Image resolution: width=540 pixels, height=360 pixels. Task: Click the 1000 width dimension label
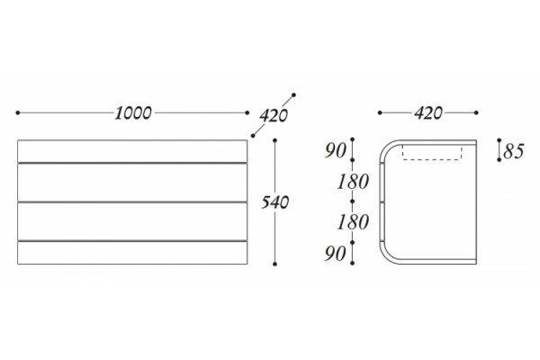(x=133, y=113)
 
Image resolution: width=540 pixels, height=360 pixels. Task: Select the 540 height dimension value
(x=274, y=202)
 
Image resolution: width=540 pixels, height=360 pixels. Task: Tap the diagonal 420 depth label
(x=274, y=116)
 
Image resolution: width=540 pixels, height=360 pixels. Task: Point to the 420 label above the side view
(x=428, y=113)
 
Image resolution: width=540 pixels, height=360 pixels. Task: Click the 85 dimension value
(x=514, y=151)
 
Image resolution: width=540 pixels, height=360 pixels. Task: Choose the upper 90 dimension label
(x=335, y=150)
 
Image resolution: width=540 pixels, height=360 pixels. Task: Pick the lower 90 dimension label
(x=335, y=254)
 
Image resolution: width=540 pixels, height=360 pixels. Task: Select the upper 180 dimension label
(x=353, y=182)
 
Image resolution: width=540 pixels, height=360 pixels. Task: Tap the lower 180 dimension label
(x=353, y=222)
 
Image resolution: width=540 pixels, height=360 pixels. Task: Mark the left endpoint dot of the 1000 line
(x=18, y=112)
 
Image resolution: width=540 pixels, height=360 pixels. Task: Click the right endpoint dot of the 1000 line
(x=247, y=112)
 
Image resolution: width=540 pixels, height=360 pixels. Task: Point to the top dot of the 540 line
(x=274, y=140)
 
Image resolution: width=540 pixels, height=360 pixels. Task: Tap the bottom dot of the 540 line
(x=274, y=264)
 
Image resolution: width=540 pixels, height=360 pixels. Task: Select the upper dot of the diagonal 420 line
(x=293, y=94)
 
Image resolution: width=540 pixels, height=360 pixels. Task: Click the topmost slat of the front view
(x=132, y=151)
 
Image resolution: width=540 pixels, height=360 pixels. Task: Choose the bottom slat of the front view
(x=132, y=253)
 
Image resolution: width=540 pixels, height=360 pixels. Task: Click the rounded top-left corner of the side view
(x=385, y=147)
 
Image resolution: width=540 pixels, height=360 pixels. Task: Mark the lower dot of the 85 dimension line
(x=499, y=160)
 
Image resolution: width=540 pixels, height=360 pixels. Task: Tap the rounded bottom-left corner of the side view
(x=385, y=258)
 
